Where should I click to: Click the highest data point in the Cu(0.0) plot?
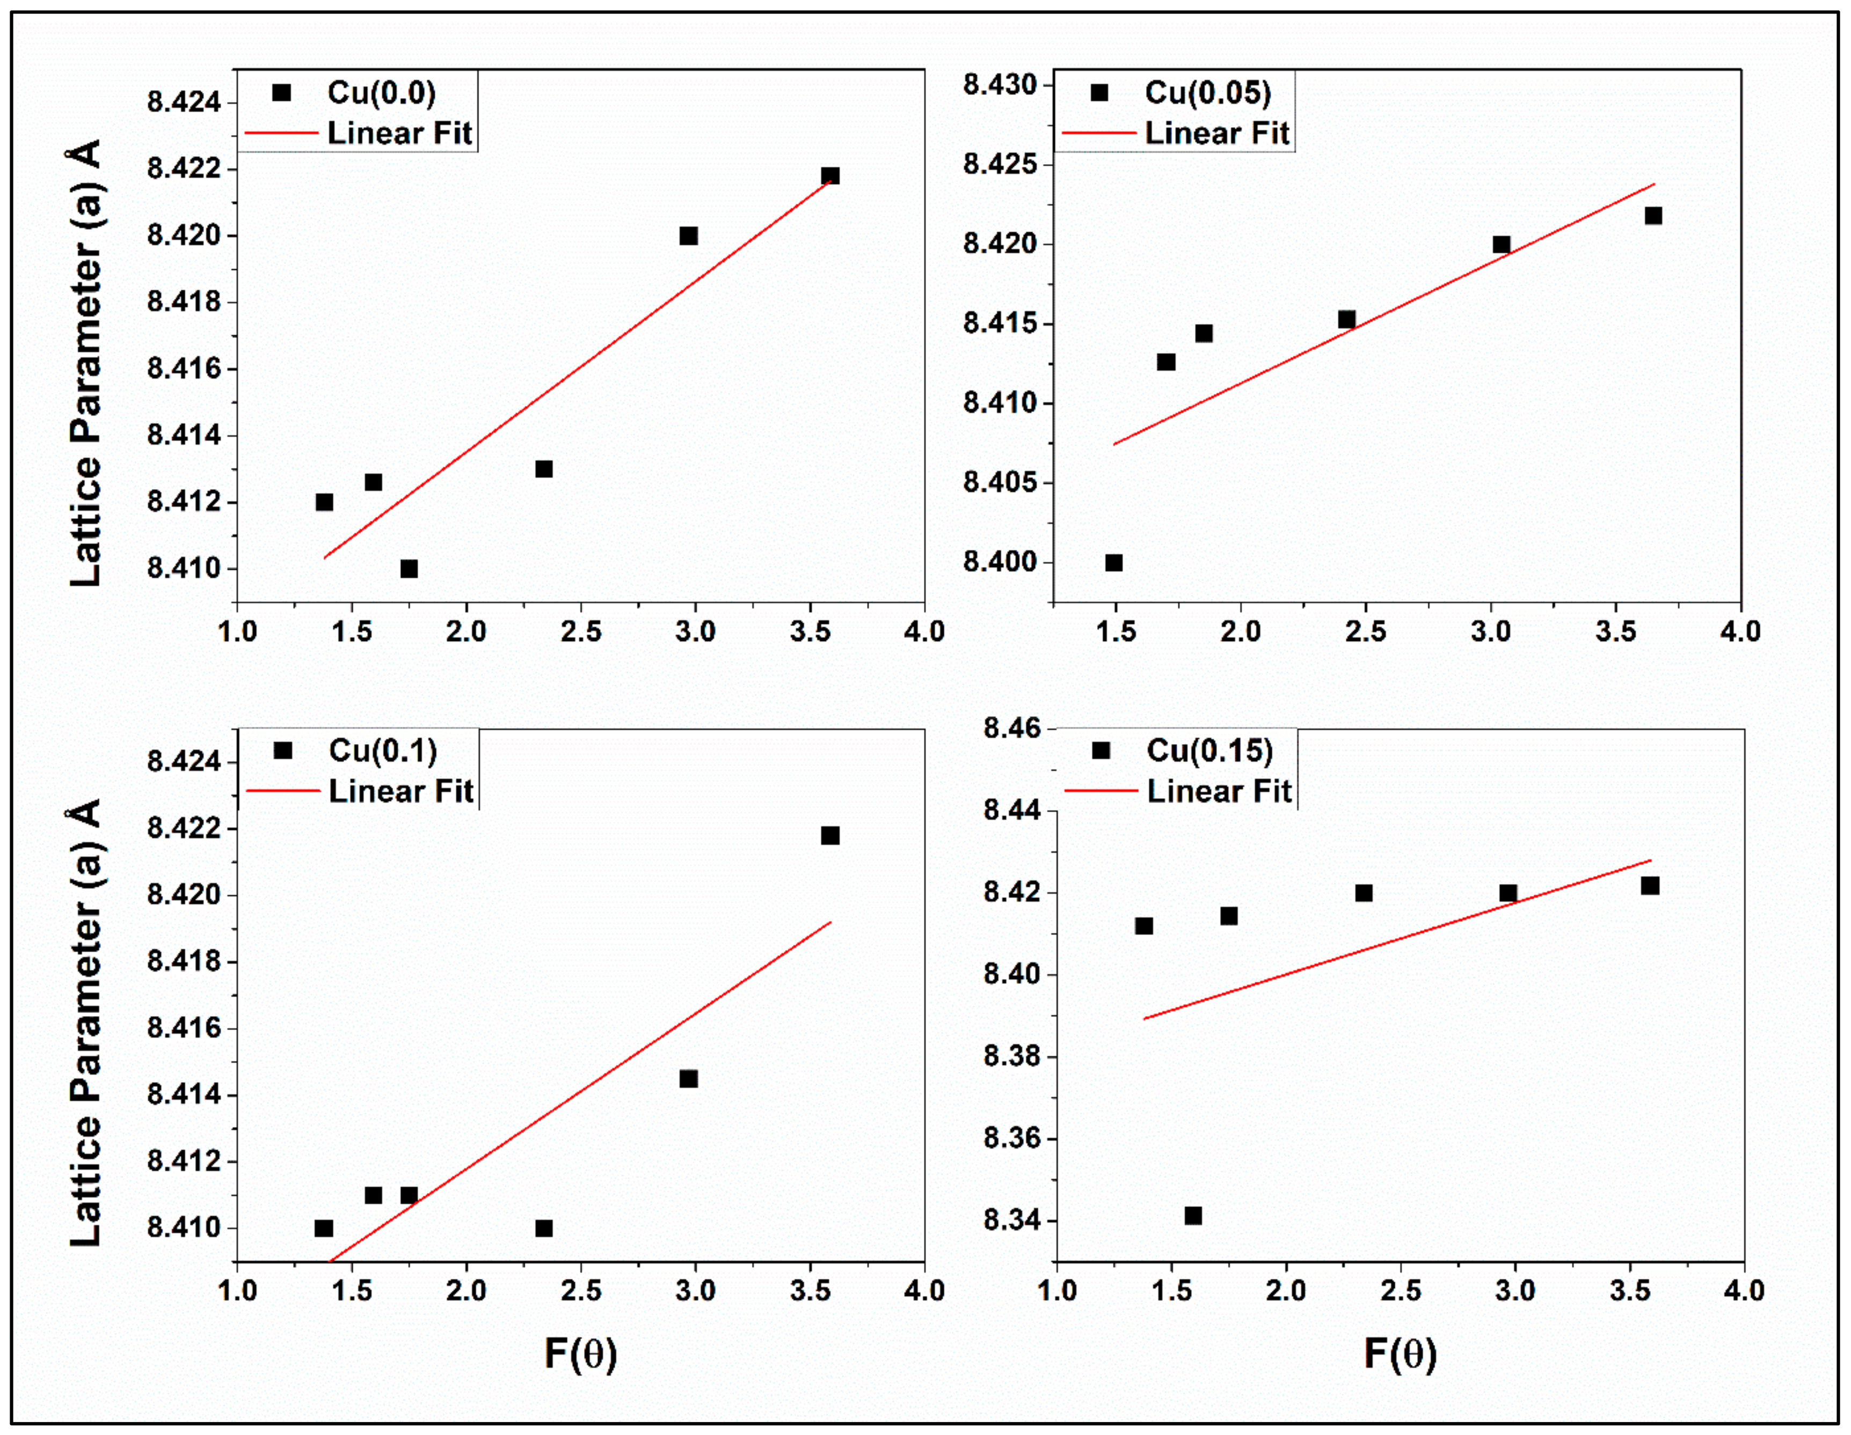(830, 176)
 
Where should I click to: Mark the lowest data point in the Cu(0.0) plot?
(409, 569)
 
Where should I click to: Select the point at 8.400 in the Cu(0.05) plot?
(1113, 563)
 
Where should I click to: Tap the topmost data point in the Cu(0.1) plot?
(830, 835)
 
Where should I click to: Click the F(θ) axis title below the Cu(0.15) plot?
(1400, 1353)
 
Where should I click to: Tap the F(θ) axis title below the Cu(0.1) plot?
(580, 1353)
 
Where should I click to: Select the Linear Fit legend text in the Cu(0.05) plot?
(1216, 133)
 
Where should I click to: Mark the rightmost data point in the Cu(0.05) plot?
(1653, 216)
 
